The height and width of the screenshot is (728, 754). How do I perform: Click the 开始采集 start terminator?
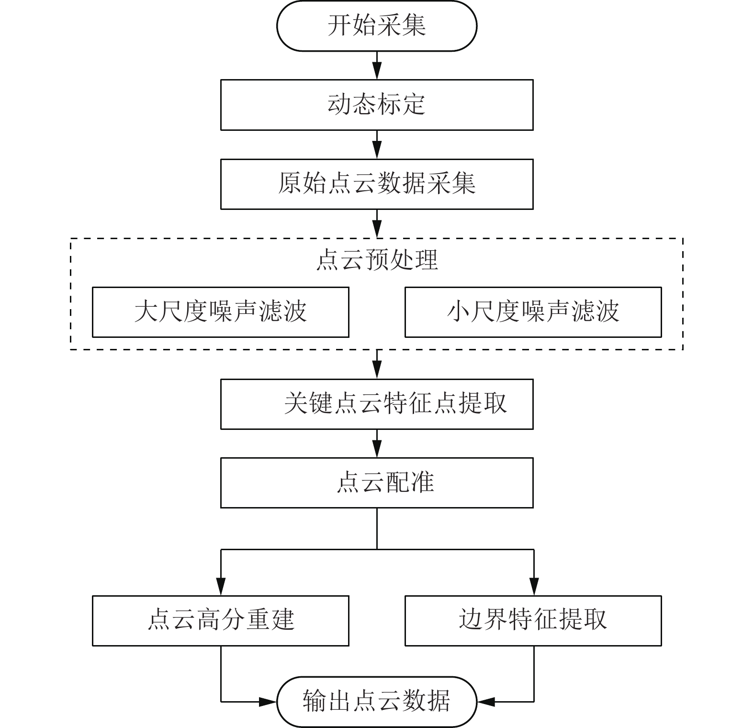(377, 26)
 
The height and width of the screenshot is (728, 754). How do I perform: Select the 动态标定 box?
(377, 104)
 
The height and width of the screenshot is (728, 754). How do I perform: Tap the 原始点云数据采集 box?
(377, 184)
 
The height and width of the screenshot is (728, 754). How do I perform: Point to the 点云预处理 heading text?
(377, 260)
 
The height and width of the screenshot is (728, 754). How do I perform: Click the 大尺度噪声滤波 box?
(220, 312)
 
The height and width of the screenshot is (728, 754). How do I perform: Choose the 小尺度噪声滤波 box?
(533, 312)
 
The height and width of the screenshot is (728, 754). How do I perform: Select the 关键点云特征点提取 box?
(377, 404)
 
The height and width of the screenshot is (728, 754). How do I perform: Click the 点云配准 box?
(377, 483)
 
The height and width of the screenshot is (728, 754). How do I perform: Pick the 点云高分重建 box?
(220, 621)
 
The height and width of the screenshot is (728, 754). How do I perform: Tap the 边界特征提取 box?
(533, 621)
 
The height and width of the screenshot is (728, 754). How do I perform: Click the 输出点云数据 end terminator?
(377, 702)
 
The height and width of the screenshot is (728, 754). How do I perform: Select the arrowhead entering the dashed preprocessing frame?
(377, 231)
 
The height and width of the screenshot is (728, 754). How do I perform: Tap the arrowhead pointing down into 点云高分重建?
(221, 588)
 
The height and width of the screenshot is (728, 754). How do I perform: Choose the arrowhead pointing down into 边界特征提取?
(534, 588)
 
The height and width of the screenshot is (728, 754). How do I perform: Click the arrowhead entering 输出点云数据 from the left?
(268, 702)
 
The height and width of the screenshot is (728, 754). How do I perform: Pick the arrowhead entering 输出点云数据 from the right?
(486, 702)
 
